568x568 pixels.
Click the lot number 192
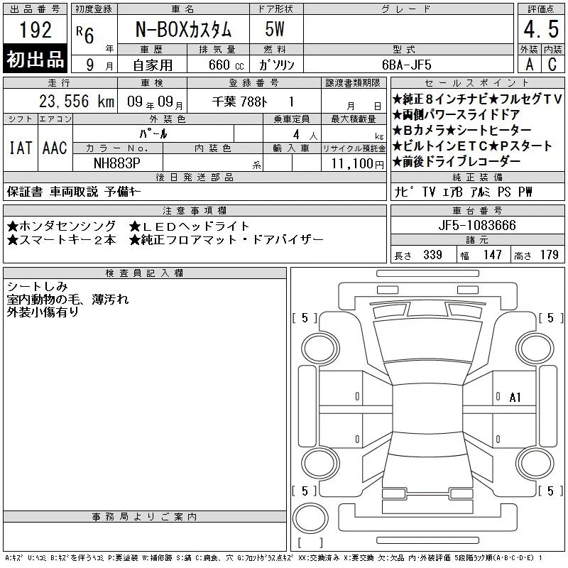click(x=35, y=29)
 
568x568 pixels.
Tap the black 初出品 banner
click(x=35, y=59)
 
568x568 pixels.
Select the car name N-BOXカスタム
click(x=183, y=29)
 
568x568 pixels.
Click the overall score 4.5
click(x=541, y=29)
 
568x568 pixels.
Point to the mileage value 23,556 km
click(x=77, y=101)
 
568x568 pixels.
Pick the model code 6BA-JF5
click(x=407, y=65)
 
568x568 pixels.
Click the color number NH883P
click(x=116, y=163)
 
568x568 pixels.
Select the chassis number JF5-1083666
click(x=477, y=225)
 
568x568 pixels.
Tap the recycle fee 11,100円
click(x=357, y=164)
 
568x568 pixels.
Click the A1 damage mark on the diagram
click(x=515, y=398)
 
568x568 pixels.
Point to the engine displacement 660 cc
click(x=226, y=65)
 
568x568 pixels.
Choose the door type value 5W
click(x=275, y=29)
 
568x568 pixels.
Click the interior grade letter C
click(x=552, y=65)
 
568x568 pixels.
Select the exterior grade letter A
click(x=530, y=65)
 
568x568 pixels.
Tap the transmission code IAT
click(x=21, y=148)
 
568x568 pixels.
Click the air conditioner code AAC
click(x=55, y=148)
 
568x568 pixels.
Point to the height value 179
click(x=549, y=255)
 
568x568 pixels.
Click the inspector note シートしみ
click(x=38, y=287)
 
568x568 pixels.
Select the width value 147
click(x=493, y=255)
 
